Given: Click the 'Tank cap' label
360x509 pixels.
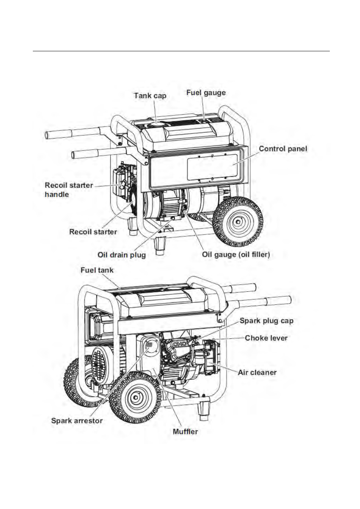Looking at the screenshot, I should [150, 96].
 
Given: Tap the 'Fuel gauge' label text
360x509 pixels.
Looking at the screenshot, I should [206, 93].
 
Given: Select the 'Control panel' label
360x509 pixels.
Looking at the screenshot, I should [283, 149].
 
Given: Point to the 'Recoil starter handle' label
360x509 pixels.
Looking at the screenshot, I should [68, 190].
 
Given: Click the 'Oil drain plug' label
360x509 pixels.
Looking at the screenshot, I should [122, 255].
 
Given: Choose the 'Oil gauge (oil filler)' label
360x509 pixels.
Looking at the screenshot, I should [236, 255].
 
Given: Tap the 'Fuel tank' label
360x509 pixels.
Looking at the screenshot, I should [97, 270].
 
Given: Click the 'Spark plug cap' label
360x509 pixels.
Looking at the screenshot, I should [266, 321].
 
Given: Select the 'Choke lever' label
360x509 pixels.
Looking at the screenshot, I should [266, 338].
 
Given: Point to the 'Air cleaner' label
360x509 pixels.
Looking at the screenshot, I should [257, 373].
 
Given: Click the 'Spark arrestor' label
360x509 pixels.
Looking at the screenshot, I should [77, 421].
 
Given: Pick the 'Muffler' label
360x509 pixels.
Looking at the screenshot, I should [185, 432].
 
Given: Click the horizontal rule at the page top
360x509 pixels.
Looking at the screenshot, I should [181, 51].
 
